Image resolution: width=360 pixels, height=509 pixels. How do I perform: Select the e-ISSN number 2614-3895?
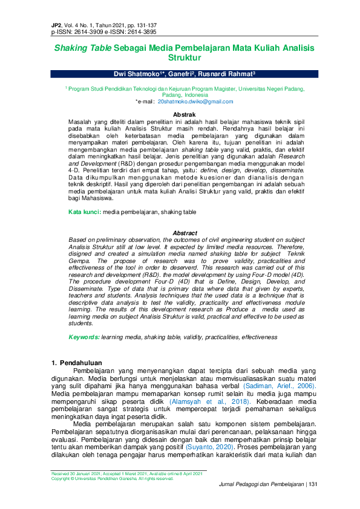tap(140, 31)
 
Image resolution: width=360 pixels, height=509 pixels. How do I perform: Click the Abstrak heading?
tap(184, 114)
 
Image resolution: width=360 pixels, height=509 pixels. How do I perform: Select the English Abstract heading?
tap(185, 233)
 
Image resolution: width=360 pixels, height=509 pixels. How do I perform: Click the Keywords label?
tap(83, 337)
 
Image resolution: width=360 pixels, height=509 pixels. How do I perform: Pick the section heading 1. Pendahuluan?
tap(76, 363)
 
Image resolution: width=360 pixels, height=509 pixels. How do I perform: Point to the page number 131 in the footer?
tap(313, 484)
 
